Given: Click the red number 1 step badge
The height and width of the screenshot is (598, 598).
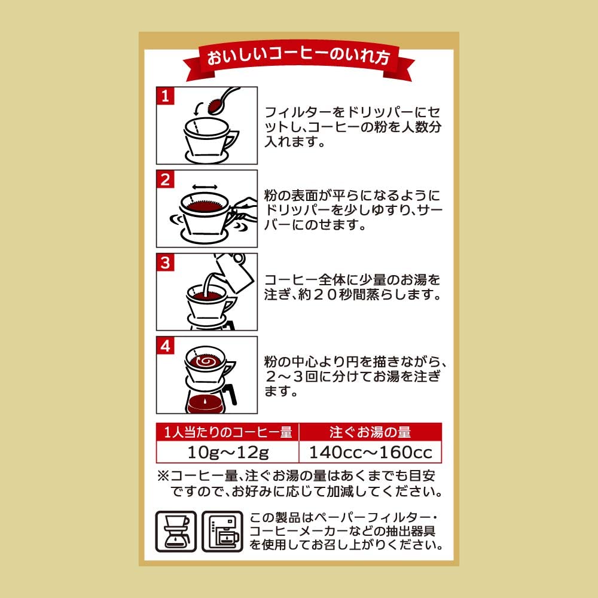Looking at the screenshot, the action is [165, 96].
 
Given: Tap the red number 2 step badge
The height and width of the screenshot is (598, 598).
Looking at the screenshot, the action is [165, 179].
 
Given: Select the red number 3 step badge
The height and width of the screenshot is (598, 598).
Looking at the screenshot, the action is [165, 263].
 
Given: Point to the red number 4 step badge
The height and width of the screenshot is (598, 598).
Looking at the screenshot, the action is [165, 346].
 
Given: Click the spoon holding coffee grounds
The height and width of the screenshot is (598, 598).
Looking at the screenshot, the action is [223, 100].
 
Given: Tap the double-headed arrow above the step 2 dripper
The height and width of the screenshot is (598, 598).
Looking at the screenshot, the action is [205, 187].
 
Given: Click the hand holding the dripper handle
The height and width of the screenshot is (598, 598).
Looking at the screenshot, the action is [243, 208].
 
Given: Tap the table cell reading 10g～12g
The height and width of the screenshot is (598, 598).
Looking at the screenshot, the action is [228, 452].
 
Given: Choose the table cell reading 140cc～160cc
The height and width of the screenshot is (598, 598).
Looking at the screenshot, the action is [371, 452].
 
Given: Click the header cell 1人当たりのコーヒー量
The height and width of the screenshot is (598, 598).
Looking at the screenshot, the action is [228, 432].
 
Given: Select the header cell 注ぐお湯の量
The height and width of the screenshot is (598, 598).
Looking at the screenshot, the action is [371, 432].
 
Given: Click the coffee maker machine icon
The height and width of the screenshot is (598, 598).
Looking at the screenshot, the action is [222, 531].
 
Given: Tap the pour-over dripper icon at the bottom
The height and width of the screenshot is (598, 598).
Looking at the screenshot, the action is [176, 531].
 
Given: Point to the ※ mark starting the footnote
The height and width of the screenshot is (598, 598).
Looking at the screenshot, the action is [163, 475].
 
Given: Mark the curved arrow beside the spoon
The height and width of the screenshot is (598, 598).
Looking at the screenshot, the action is [199, 109].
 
